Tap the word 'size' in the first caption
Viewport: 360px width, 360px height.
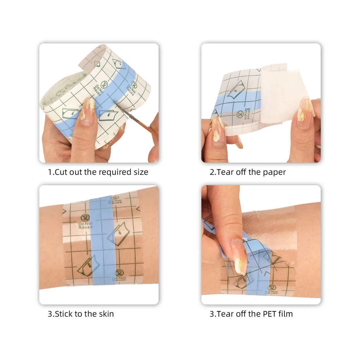click(140, 172)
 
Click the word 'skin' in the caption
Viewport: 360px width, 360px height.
click(106, 313)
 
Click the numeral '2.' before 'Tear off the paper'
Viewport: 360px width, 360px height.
click(212, 172)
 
